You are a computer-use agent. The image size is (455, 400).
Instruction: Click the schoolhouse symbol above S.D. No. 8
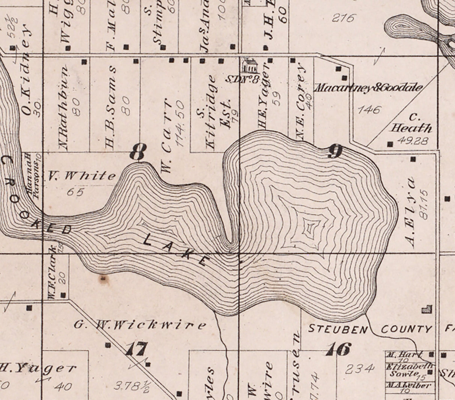click(x=249, y=66)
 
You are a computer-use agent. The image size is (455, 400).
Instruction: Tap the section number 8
click(x=137, y=152)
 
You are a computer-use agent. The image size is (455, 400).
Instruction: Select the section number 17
click(x=136, y=350)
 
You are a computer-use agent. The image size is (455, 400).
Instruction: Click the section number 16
click(x=338, y=349)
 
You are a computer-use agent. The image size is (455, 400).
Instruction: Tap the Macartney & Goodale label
click(x=368, y=88)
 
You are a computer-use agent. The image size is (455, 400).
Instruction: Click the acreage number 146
click(x=369, y=110)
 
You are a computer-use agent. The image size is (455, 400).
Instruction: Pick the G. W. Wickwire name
click(x=140, y=325)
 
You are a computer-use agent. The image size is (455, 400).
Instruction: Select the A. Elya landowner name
click(x=411, y=212)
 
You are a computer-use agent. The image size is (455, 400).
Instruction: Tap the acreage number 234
click(x=359, y=369)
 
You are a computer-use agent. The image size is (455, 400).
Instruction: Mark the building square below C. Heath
click(x=390, y=144)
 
